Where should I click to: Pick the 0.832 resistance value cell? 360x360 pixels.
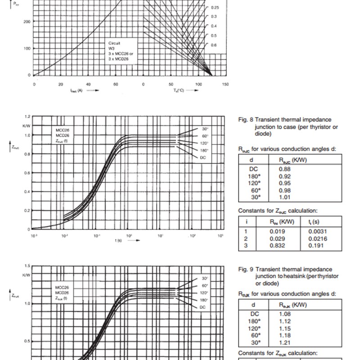coord(277,245)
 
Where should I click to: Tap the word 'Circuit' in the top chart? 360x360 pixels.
coord(114,43)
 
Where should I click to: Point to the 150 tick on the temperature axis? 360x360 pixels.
coord(225,84)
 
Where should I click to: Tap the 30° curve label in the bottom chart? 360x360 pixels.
coord(205,278)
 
